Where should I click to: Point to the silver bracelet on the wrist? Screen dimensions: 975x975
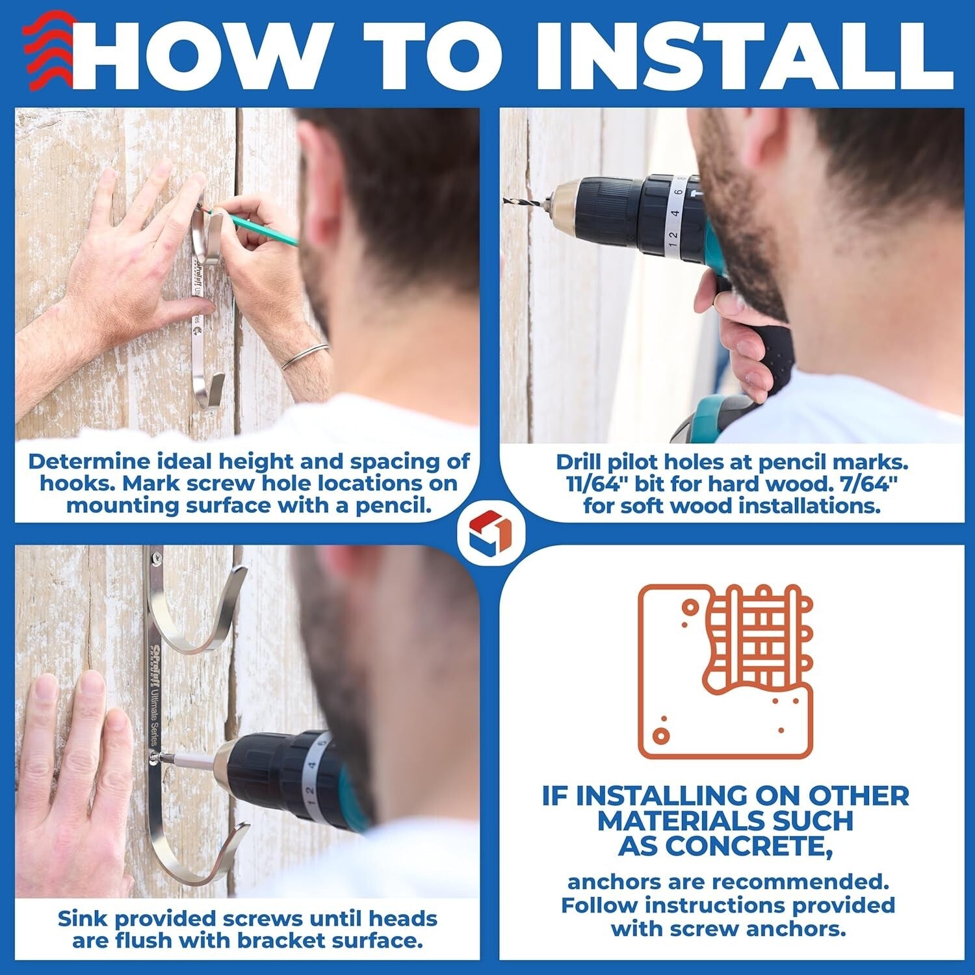pos(305,356)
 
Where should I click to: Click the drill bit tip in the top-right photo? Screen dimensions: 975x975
pos(511,203)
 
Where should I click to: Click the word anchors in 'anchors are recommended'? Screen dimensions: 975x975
pos(608,882)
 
